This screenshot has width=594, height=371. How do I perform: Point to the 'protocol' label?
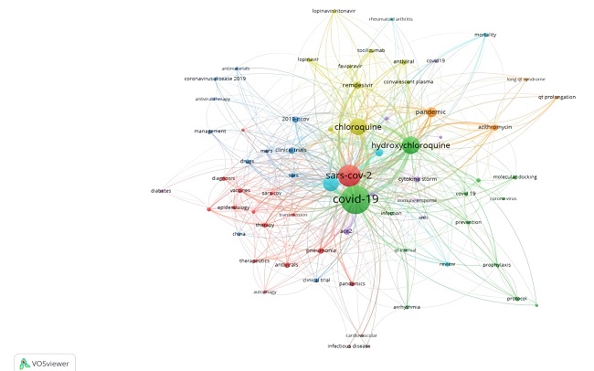point(516,298)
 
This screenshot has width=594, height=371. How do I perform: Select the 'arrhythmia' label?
point(407,307)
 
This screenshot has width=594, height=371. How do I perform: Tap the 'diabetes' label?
point(162,191)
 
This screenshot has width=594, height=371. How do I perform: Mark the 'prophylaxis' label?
point(497,265)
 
